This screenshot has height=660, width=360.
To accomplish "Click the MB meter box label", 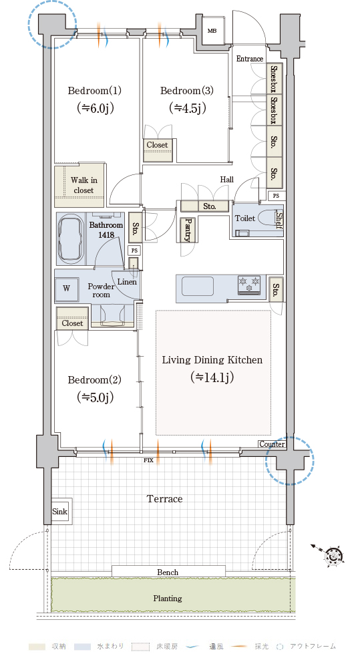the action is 212,31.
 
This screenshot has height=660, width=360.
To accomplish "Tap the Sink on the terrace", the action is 60,512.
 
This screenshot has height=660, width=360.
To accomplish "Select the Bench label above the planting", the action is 168,572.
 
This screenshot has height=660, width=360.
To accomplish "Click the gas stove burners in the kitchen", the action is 250,285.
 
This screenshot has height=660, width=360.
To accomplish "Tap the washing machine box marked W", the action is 67,289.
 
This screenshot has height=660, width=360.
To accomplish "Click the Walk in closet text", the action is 83,185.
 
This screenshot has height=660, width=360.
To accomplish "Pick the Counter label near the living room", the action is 272,444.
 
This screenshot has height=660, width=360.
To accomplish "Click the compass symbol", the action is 335,556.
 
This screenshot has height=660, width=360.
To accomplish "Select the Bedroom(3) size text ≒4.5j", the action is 187,108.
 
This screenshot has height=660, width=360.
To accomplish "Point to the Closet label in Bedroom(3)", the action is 157,145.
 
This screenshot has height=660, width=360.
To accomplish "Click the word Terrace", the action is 164,499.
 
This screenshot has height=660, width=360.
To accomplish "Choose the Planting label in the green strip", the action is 168,599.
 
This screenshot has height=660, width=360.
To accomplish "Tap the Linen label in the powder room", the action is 127,282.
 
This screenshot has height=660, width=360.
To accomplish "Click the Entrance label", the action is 250,59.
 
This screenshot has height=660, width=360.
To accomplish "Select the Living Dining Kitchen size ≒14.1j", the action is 212,377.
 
